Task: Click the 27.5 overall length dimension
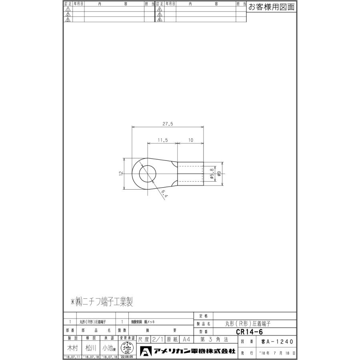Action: [x=168, y=124]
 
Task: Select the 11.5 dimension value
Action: [x=162, y=140]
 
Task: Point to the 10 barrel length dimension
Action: [x=190, y=140]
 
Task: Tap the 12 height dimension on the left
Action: [x=120, y=173]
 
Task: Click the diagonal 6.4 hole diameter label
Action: [x=164, y=194]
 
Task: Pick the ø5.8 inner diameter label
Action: [x=212, y=174]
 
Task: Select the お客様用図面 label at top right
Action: [x=271, y=7]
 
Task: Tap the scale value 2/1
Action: [x=158, y=339]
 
